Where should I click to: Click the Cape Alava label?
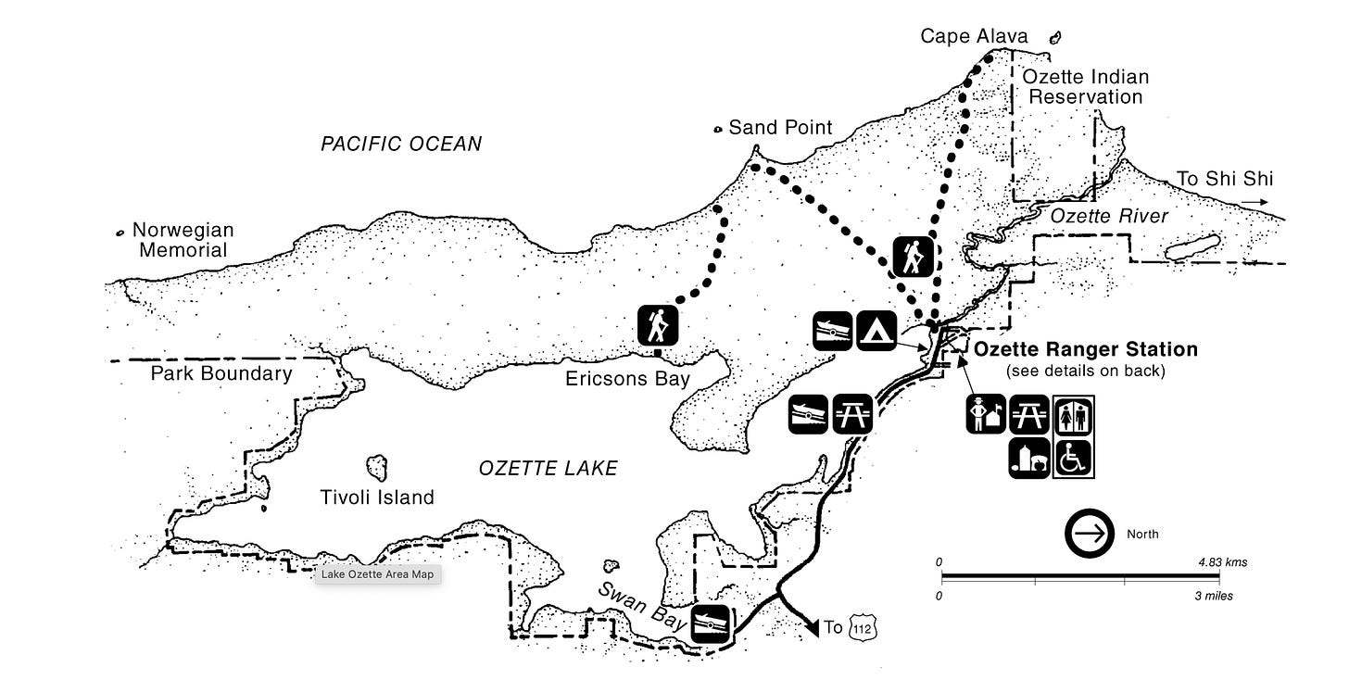[974, 36]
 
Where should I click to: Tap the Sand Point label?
[780, 127]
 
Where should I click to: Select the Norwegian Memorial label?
[183, 239]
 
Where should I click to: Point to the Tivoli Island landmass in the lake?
[377, 467]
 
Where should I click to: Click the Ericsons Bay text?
[629, 379]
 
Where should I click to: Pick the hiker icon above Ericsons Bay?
[659, 326]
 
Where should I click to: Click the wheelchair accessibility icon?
[1074, 458]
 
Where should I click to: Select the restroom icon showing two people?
[1074, 415]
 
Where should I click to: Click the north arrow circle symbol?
[1090, 534]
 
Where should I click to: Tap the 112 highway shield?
[862, 628]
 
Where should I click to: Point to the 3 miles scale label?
[1213, 596]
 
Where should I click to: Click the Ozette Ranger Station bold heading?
[1085, 349]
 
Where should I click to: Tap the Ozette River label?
[1109, 216]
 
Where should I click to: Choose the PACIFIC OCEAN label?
[401, 144]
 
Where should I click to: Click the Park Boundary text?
[221, 373]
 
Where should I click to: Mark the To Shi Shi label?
[1211, 179]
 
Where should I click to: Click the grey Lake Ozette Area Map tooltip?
[377, 574]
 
